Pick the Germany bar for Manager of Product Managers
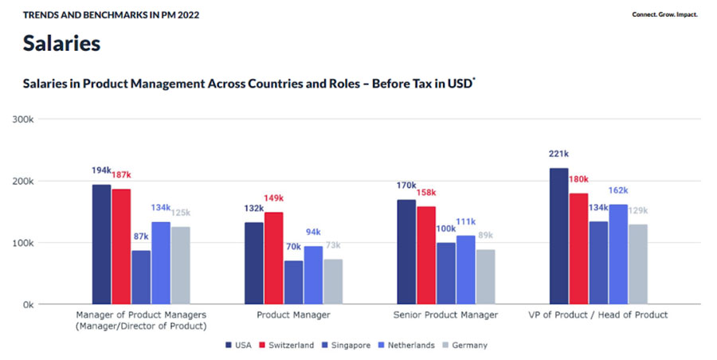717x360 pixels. coord(180,265)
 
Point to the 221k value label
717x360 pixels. coord(558,155)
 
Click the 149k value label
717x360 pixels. coord(273,198)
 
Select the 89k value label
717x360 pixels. coord(485,236)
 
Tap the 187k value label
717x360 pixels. coord(121,174)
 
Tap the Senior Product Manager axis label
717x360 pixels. coord(445,315)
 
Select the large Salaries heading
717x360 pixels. coord(61,43)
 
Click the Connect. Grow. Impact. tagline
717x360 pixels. coord(664,14)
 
